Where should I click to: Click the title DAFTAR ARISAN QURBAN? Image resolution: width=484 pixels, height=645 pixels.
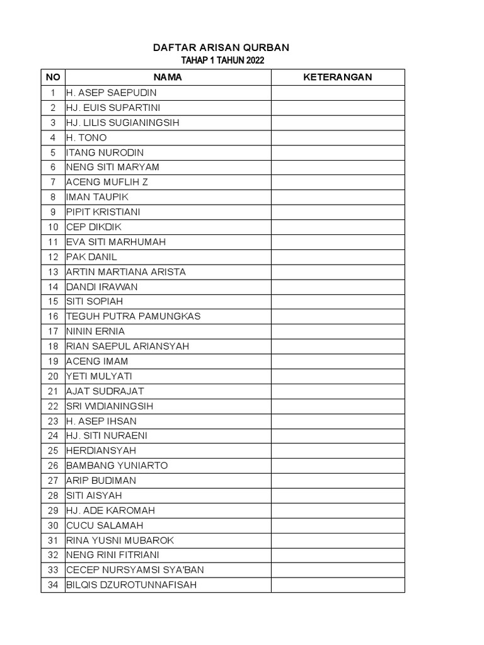coord(222,48)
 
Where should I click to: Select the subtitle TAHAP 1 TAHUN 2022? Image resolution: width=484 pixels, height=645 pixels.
coord(222,60)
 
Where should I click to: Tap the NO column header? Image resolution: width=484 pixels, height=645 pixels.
coord(53,77)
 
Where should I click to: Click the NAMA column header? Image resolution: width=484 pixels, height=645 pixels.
coord(168,77)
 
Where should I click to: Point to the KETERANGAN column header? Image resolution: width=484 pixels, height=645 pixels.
coord(338,77)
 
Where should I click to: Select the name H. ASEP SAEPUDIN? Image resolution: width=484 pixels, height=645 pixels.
coord(112,93)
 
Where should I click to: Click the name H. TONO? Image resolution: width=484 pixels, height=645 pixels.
coord(86,137)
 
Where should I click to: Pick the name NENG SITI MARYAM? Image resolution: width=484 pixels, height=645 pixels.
coord(113,168)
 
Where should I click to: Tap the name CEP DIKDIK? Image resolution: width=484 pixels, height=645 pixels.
coord(93,227)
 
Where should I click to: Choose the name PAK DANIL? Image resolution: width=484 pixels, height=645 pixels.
coord(91,257)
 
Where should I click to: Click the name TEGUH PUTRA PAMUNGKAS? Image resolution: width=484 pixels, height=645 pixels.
coord(133,316)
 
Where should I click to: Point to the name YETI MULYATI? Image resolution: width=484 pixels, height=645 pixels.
coord(98,376)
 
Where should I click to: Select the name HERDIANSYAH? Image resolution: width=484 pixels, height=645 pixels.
coord(101,450)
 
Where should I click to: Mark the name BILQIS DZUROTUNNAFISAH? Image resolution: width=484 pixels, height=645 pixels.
coord(131,585)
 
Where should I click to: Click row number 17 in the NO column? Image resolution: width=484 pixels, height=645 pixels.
coord(53,331)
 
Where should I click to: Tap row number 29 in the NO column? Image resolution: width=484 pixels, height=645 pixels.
coord(53,510)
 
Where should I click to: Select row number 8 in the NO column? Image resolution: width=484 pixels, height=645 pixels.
coord(53,197)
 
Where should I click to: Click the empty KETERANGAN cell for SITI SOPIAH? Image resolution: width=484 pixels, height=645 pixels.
coord(338,302)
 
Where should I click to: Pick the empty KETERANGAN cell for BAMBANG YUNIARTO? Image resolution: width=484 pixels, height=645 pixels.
coord(338,465)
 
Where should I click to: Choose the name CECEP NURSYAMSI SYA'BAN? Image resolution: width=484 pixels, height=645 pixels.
coord(135,570)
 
